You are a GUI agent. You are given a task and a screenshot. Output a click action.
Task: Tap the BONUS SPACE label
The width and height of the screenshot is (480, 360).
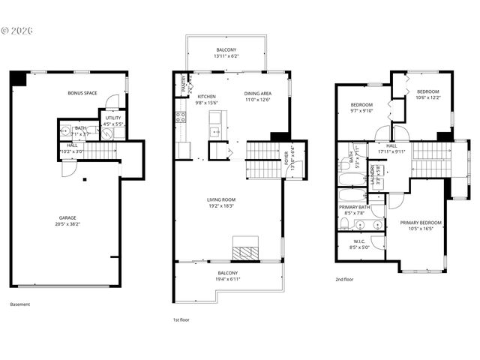(x=82, y=92)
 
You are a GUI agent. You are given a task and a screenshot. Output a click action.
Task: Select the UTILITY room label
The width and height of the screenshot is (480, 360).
(x=113, y=118)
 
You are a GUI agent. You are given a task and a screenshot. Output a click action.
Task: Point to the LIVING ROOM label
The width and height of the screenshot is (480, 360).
(x=228, y=199)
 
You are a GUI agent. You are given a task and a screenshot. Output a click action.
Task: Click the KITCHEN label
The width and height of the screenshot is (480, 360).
(x=206, y=97)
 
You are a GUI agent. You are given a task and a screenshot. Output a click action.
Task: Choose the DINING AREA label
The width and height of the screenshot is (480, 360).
(x=257, y=93)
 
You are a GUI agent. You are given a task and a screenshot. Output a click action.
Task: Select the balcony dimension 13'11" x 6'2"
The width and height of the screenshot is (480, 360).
(x=226, y=56)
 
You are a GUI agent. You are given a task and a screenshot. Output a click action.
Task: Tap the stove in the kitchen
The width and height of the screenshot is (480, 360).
(x=180, y=116)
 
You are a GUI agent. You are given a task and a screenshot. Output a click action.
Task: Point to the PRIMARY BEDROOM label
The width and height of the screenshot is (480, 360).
(x=421, y=223)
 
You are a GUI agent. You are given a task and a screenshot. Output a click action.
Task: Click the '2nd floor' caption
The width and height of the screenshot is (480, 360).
(x=345, y=278)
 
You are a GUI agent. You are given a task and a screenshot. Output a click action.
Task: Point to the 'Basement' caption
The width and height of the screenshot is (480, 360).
(x=20, y=304)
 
